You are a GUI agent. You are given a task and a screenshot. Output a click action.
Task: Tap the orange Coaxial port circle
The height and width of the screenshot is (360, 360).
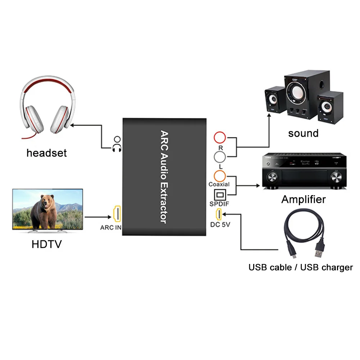tap(219, 176)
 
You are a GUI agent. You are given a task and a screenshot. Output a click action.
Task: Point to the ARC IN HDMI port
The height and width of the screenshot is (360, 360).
tap(117, 214)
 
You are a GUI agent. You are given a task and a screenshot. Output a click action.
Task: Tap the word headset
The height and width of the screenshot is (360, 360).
tap(46, 153)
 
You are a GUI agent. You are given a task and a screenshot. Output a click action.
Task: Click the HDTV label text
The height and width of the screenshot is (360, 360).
tap(47, 245)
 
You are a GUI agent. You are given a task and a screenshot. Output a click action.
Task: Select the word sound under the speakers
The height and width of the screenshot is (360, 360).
tap(303, 133)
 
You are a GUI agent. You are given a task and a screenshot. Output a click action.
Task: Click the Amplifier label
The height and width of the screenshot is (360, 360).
tap(304, 200)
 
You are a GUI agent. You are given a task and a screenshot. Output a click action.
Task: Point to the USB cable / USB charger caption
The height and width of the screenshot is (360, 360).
tap(300, 268)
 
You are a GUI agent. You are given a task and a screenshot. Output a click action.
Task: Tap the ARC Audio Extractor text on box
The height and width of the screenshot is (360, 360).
tap(164, 177)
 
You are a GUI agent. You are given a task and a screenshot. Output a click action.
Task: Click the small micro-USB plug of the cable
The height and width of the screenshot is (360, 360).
tap(293, 255)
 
